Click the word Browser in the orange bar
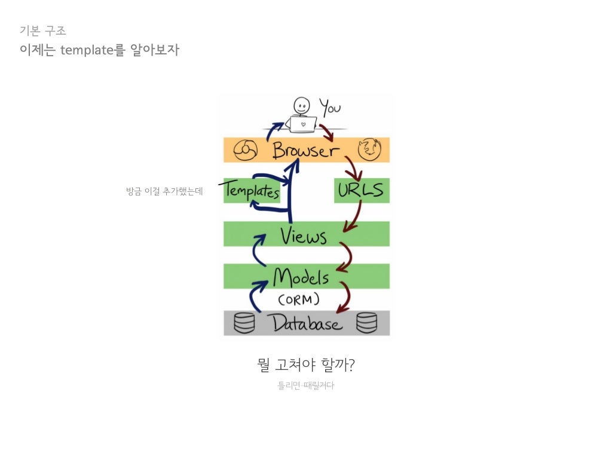coord(305,150)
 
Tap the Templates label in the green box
coord(252,192)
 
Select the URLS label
coord(360,191)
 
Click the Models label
coord(301,277)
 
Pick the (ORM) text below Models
coord(299,299)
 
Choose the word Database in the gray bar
coord(307,323)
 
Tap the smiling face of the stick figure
coord(302,106)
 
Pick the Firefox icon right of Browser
coord(369,149)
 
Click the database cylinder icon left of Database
coord(244,323)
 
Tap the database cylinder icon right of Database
coord(366,323)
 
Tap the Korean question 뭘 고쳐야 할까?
coord(306,365)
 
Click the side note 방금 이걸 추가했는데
coord(164,192)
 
